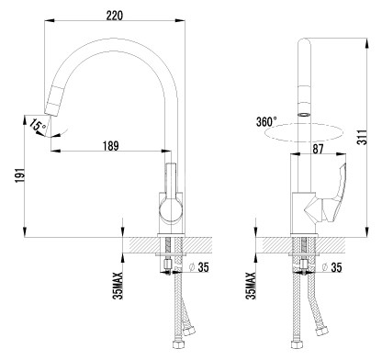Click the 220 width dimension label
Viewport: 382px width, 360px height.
[x=115, y=15]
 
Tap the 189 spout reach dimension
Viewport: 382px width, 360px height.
[x=110, y=146]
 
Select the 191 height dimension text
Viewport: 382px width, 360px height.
[x=19, y=175]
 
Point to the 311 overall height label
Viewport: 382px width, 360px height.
[x=362, y=137]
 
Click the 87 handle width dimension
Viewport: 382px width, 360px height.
[x=318, y=149]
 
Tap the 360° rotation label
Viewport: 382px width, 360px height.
[x=266, y=121]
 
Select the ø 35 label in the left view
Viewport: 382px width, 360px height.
[x=199, y=267]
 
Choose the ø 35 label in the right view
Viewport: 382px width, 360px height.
[x=331, y=267]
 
